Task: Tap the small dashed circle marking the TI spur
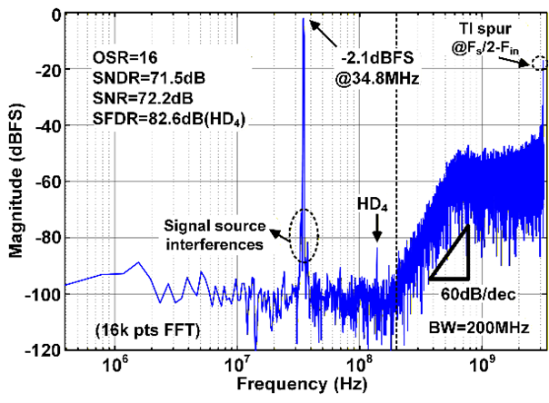[539, 64]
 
